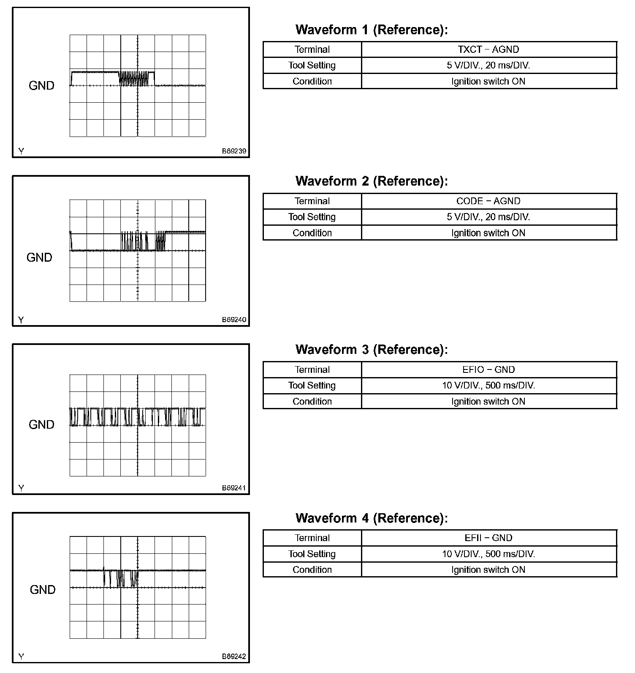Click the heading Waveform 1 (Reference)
372,30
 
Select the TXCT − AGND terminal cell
488,49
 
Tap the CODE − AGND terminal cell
488,201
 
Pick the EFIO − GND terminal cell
488,370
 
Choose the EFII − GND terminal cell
488,538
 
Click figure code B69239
234,151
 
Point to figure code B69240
234,320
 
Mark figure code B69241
234,488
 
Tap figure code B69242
234,657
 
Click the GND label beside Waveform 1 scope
41,86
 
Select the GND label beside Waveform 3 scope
41,425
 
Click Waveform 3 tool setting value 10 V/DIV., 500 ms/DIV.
488,386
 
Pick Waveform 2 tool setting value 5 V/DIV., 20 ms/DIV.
488,217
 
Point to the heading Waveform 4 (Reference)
372,518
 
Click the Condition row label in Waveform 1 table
312,81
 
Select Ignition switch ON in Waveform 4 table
488,570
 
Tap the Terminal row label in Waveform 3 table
312,370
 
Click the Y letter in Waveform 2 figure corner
21,320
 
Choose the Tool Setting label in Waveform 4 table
312,554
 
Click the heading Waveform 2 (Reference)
372,181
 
